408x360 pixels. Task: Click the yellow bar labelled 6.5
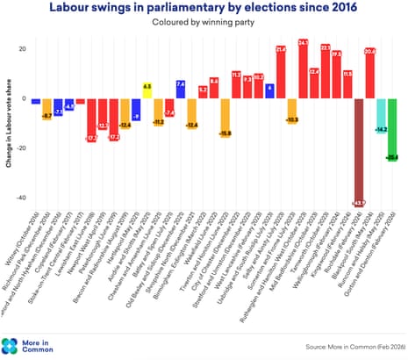[147, 91]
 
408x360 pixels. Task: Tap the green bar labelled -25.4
[391, 130]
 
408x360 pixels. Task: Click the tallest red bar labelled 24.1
[303, 69]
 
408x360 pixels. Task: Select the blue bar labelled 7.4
[181, 90]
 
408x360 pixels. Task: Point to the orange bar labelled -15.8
[225, 118]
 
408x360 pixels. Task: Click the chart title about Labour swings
[204, 10]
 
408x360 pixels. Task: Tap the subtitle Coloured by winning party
[204, 25]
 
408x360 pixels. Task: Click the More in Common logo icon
[11, 345]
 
